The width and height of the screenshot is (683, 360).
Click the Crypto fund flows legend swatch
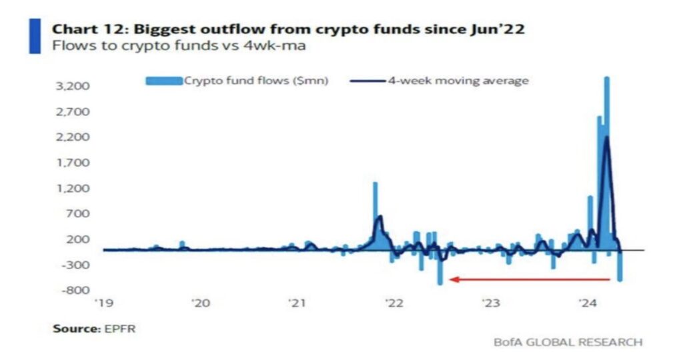point(163,81)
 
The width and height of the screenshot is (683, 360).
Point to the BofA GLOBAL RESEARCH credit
point(568,342)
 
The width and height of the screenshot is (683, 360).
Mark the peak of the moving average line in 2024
point(607,137)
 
